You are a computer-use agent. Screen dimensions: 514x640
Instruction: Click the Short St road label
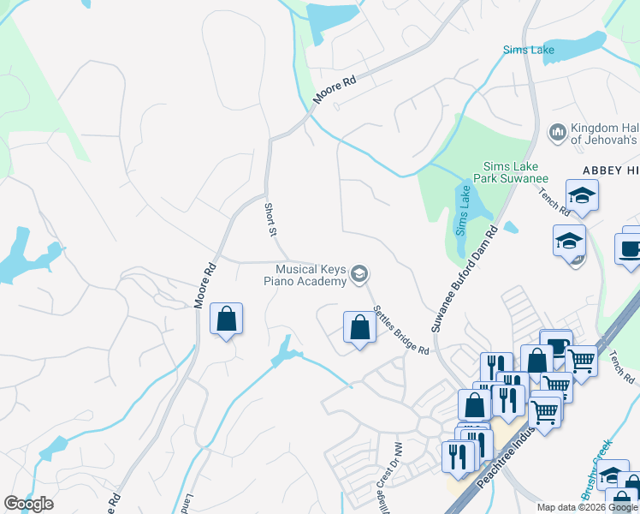click(x=270, y=220)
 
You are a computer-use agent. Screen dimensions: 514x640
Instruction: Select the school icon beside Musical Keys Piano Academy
click(x=360, y=274)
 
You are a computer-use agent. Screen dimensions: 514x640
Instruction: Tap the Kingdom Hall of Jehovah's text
click(x=604, y=133)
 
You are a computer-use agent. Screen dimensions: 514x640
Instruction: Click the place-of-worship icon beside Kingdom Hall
click(x=558, y=132)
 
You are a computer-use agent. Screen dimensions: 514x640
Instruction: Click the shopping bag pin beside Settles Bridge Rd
click(x=359, y=326)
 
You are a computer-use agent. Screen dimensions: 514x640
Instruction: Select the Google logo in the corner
click(x=28, y=504)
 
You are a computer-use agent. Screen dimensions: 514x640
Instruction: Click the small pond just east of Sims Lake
click(x=511, y=228)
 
